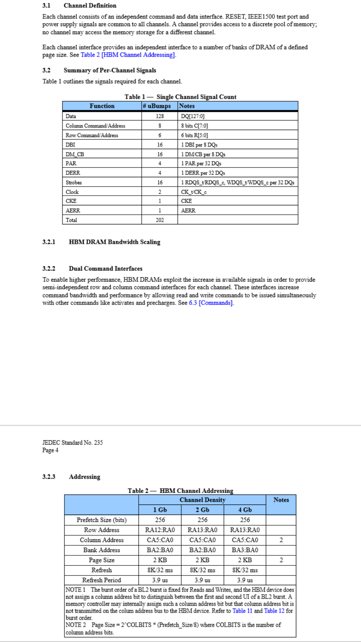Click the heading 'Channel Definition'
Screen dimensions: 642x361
tap(90, 6)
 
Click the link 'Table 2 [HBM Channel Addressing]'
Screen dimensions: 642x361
tap(128, 55)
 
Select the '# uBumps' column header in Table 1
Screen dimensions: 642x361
tap(157, 106)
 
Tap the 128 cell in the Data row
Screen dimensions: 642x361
tap(160, 116)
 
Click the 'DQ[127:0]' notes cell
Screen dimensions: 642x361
tap(193, 116)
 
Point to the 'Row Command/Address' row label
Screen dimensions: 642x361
tap(92, 135)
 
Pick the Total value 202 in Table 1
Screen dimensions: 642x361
tap(160, 220)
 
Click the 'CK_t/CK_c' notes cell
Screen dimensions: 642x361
tap(194, 192)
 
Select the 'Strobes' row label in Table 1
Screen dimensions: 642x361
tap(74, 183)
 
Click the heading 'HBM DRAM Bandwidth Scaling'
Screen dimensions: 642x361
tap(114, 242)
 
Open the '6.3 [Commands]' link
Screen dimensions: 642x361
tap(211, 303)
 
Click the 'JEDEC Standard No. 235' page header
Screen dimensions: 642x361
tap(73, 443)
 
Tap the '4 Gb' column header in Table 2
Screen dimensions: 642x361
tap(245, 510)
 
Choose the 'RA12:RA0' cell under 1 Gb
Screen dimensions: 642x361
tap(160, 530)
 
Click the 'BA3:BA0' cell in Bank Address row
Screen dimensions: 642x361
tap(245, 550)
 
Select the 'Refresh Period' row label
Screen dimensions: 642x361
tap(102, 580)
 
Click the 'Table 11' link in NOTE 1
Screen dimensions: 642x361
tap(242, 611)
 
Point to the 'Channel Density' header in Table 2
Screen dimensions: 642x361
tap(203, 500)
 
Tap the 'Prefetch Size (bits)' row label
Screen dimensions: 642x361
tap(102, 520)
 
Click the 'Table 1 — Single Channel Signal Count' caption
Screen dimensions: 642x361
tap(180, 97)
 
